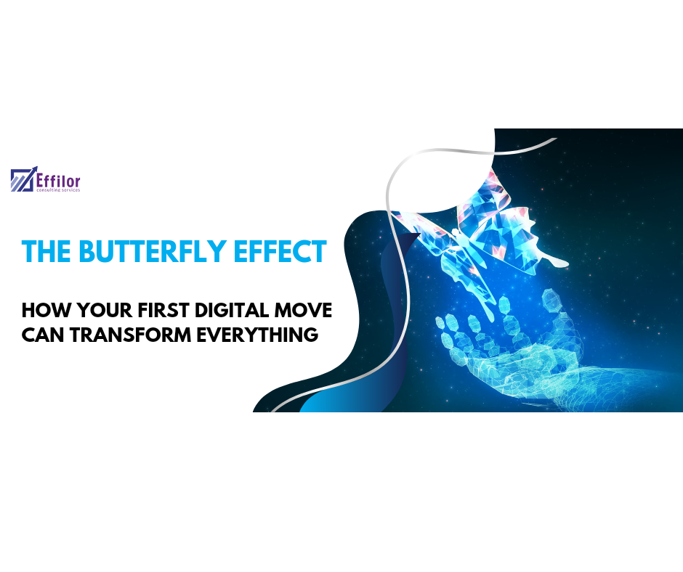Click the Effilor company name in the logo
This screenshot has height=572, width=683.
click(58, 178)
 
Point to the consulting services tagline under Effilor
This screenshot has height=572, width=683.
click(58, 189)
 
